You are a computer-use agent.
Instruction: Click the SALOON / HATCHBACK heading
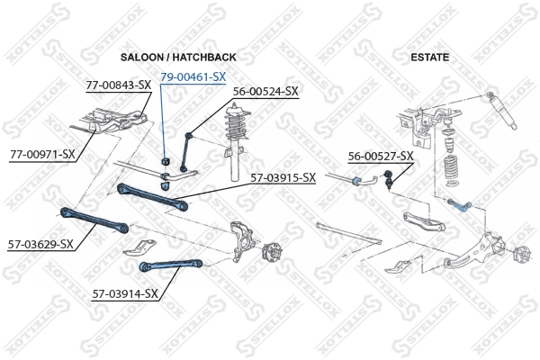[x=178, y=58]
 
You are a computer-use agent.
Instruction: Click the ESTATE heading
[x=429, y=58]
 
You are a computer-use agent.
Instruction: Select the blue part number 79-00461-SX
[x=193, y=77]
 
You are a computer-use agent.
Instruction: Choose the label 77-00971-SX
[x=42, y=154]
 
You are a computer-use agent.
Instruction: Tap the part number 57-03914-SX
[x=125, y=293]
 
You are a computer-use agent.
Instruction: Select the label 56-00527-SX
[x=381, y=157]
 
